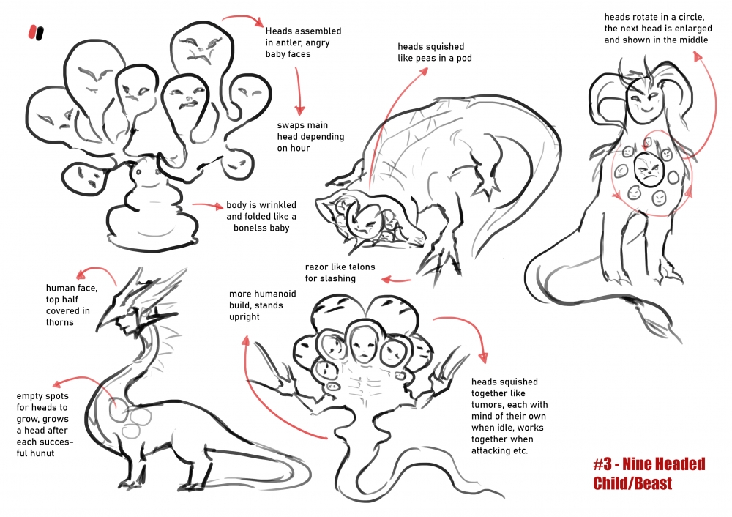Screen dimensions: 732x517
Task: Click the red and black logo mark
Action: click(36, 32)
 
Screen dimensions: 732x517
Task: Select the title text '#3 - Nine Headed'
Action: click(649, 464)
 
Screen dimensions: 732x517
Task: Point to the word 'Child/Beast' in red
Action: click(632, 483)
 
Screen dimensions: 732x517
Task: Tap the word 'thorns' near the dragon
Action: click(60, 322)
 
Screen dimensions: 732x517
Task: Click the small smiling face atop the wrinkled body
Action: click(145, 175)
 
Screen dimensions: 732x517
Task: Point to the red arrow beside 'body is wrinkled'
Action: click(208, 206)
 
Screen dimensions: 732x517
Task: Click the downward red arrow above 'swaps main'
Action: click(299, 92)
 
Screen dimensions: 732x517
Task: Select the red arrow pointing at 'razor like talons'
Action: click(396, 280)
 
